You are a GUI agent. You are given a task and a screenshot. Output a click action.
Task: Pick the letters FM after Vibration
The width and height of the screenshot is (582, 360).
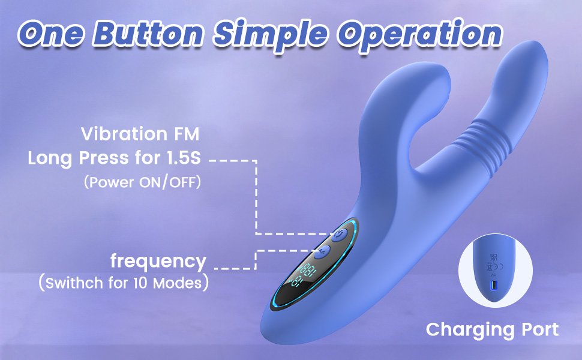click(x=187, y=134)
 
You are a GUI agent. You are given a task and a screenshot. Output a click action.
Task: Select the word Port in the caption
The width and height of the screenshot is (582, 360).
click(x=538, y=329)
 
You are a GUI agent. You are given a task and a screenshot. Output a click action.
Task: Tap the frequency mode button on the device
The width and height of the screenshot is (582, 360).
click(x=322, y=252)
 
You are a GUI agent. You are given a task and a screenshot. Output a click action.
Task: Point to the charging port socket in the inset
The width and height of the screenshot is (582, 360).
click(x=494, y=286)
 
